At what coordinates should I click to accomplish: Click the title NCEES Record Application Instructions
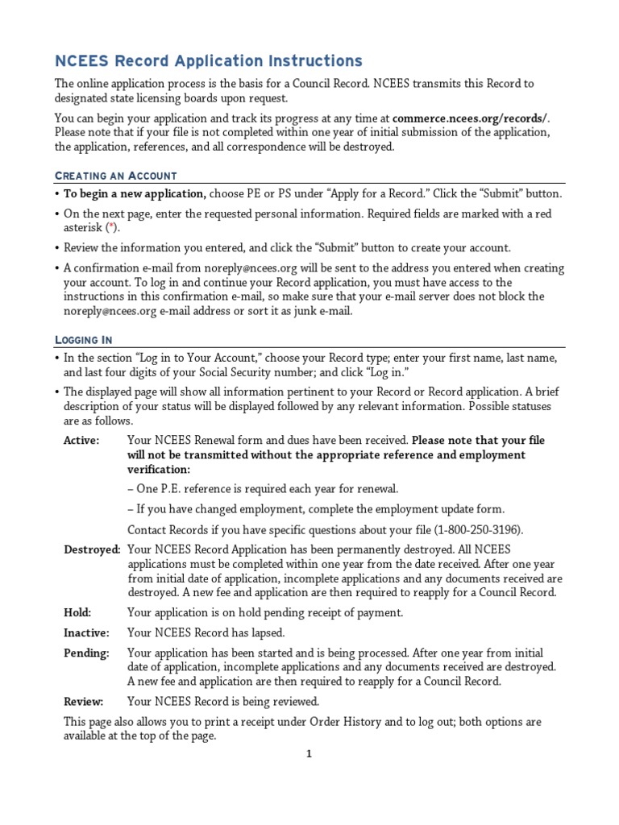[x=208, y=61]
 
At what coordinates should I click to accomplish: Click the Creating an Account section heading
[x=115, y=176]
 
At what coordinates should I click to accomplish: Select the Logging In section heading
[x=83, y=340]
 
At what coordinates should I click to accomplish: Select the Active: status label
[x=81, y=441]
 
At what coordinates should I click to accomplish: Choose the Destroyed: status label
[x=92, y=549]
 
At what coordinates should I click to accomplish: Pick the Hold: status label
[x=77, y=612]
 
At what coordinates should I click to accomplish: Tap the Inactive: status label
[x=86, y=633]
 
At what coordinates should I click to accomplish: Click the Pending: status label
[x=86, y=653]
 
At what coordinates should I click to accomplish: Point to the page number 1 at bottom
[x=308, y=754]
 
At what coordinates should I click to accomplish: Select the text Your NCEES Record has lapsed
[x=206, y=633]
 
